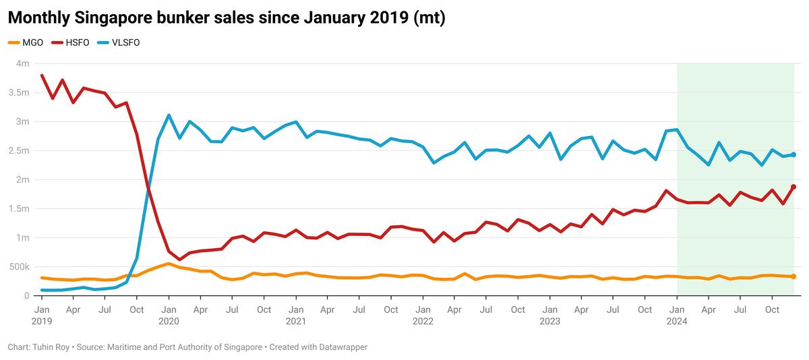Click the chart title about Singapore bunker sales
(x=226, y=18)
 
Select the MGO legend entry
(x=26, y=42)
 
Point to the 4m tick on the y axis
(x=22, y=63)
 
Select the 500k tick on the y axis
(x=19, y=267)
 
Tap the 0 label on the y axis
(x=26, y=296)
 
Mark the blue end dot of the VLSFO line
(x=793, y=154)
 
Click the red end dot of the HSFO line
(x=793, y=187)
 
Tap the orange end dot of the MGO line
(x=793, y=276)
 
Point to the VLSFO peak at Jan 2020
(x=169, y=115)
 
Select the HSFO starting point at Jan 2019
(x=42, y=76)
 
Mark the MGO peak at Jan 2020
(x=169, y=264)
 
